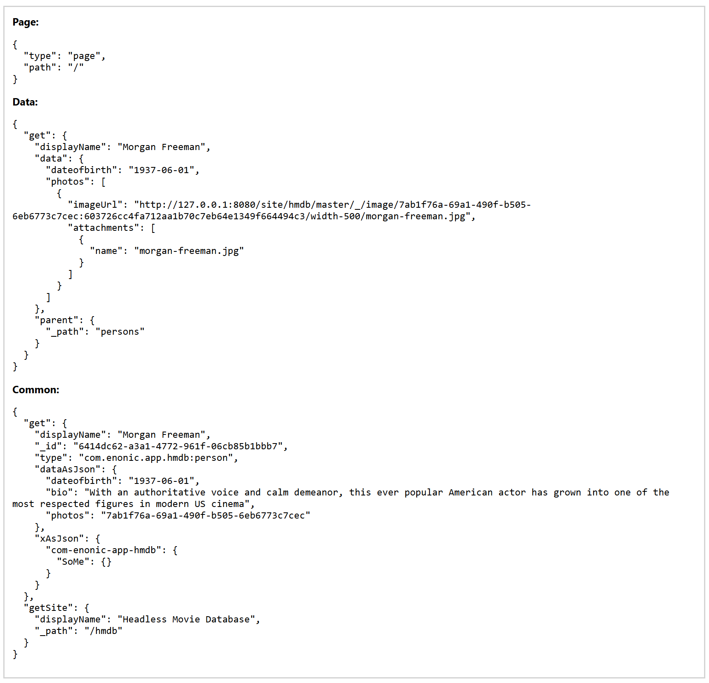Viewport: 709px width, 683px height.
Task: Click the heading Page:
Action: (x=26, y=22)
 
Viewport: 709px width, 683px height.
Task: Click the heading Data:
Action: (x=25, y=102)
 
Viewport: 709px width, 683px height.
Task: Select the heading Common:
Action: (x=36, y=390)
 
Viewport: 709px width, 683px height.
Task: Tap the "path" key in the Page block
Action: (x=40, y=68)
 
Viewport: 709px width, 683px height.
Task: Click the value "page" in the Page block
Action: (x=84, y=56)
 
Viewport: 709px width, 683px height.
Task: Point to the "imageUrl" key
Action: (x=95, y=205)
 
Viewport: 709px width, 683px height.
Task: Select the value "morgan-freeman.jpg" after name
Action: (x=189, y=251)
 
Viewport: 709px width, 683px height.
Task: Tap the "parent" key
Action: (x=56, y=320)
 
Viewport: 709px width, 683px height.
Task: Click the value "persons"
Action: (x=120, y=332)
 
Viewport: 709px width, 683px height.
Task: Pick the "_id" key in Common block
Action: (x=48, y=446)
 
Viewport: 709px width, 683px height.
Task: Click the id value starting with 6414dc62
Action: (x=178, y=446)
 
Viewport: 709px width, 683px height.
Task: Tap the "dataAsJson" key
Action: (x=68, y=469)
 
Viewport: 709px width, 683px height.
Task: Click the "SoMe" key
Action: (x=73, y=562)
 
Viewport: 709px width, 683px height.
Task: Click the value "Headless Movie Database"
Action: (x=186, y=620)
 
